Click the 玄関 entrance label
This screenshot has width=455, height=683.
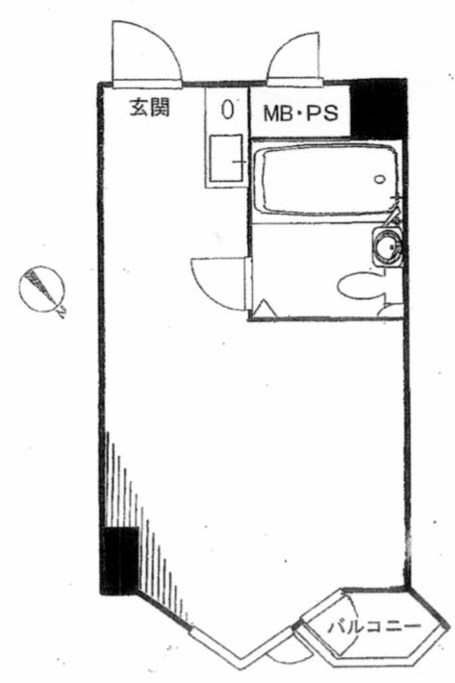[149, 107]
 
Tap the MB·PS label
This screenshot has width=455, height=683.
[301, 114]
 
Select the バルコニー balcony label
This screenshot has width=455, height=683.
[374, 627]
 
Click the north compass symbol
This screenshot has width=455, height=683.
[41, 289]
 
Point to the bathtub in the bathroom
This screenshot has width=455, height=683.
[326, 180]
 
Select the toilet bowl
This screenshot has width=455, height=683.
[361, 286]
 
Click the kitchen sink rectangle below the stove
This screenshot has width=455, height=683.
[225, 158]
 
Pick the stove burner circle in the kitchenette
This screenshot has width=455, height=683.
[227, 110]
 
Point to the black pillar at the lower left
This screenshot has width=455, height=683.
[119, 561]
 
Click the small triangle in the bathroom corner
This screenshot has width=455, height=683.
[265, 309]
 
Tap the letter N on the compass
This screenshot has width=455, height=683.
[61, 312]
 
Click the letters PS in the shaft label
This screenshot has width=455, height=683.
[322, 114]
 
